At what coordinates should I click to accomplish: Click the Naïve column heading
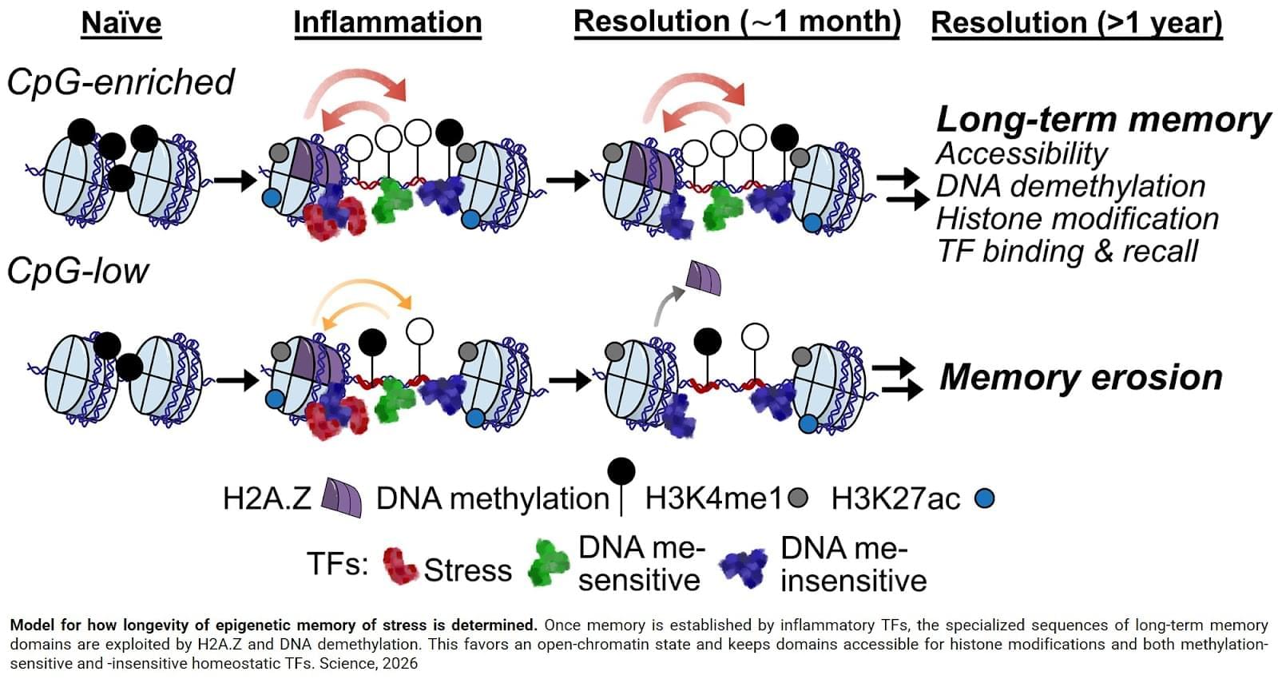click(121, 22)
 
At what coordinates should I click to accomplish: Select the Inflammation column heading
click(387, 22)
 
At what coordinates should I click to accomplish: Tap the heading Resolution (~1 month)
click(736, 22)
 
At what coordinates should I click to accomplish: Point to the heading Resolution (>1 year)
click(1076, 23)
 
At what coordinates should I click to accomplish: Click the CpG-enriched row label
click(121, 81)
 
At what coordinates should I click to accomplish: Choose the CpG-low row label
click(77, 272)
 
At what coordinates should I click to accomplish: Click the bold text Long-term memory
click(1102, 120)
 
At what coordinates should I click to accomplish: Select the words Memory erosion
click(1081, 377)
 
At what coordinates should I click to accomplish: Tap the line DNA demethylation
click(1070, 186)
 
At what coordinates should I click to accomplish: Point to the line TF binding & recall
click(1067, 251)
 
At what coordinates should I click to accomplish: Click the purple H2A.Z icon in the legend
click(341, 498)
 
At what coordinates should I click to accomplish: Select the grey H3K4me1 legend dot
click(797, 498)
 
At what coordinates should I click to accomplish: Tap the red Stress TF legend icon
click(399, 566)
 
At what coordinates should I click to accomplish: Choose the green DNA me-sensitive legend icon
click(549, 564)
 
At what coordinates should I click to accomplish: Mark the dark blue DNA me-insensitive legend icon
click(744, 566)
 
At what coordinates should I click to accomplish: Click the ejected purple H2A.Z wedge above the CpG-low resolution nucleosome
click(704, 278)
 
